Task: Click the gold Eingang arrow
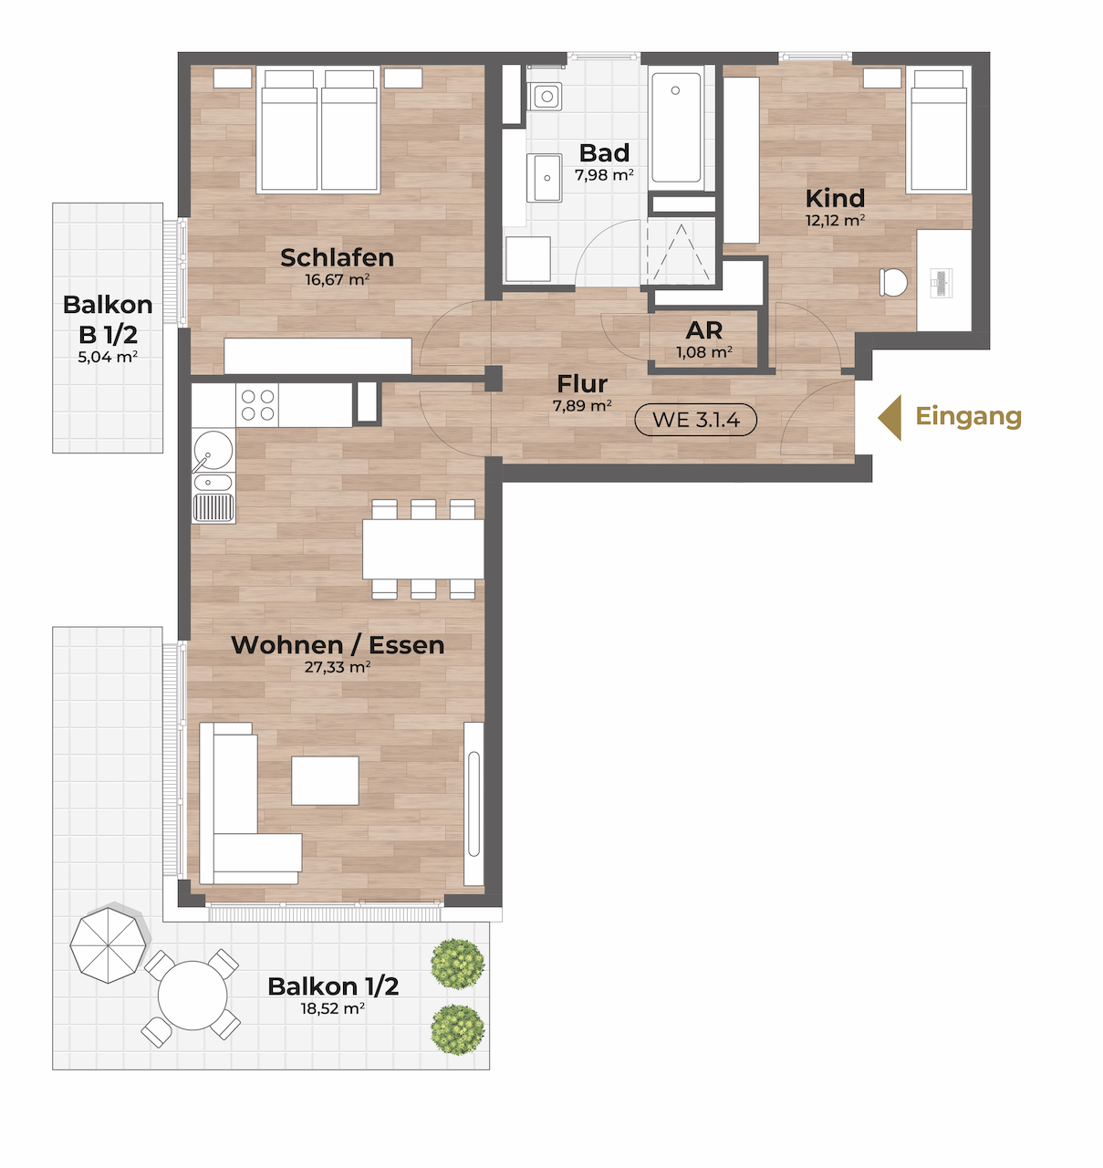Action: coord(890,418)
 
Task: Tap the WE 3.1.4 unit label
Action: coord(696,420)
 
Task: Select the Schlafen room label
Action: coord(337,257)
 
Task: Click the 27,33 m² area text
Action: coord(337,667)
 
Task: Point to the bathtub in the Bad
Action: coord(677,129)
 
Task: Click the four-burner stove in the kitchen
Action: coord(257,405)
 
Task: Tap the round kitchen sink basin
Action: coord(213,450)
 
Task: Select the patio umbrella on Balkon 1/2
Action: coord(109,945)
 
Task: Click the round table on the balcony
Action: coord(193,996)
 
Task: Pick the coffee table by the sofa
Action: coord(326,780)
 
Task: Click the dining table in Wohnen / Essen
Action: coord(423,549)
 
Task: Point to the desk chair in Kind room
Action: coord(893,282)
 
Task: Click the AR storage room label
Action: coord(703,330)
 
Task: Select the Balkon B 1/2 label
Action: coord(108,319)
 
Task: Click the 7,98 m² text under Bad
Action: coord(604,174)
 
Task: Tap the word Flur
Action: coord(582,384)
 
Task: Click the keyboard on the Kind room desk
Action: coord(941,282)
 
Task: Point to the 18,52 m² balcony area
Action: coord(332,1008)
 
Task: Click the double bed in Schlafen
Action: coord(318,130)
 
